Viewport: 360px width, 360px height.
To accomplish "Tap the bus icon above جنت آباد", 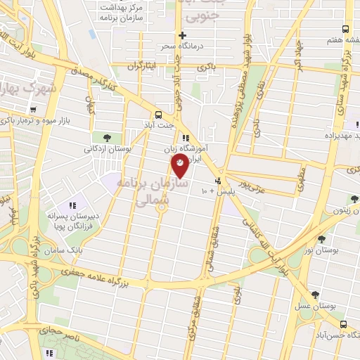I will pos(158,115).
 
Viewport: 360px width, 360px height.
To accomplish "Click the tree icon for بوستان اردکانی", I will pos(107,137).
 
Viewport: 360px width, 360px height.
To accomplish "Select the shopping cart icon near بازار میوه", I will pos(34,110).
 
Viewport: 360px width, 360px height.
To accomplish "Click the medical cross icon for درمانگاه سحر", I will pos(182,35).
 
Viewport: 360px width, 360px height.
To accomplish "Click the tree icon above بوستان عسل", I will pos(314,295).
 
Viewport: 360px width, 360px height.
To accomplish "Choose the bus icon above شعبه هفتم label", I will pos(345,29).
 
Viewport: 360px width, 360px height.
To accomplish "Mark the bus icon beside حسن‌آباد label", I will pos(342,324).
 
